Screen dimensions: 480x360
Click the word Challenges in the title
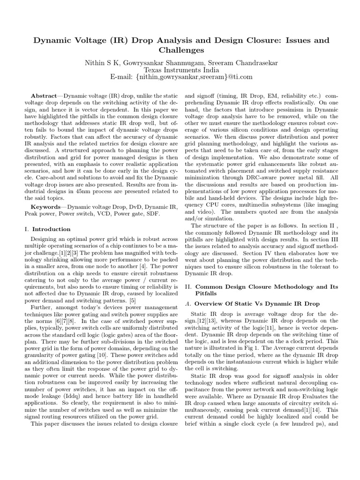pos(180,50)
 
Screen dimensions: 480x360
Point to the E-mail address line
pos(180,76)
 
